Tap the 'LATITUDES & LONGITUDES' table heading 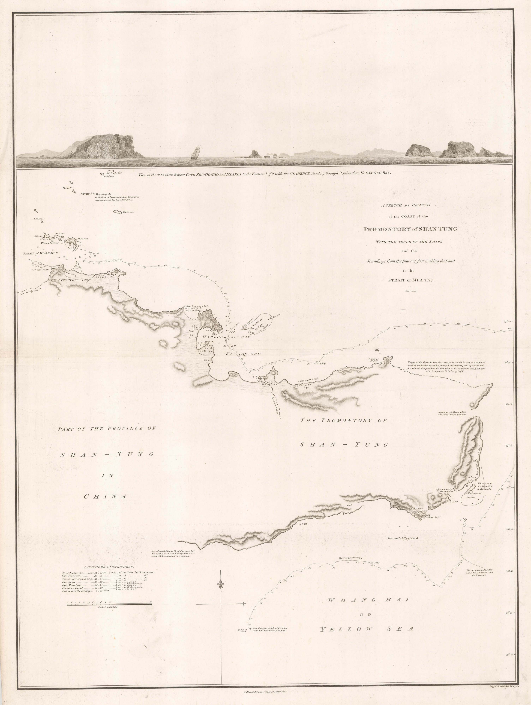pos(109,567)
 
